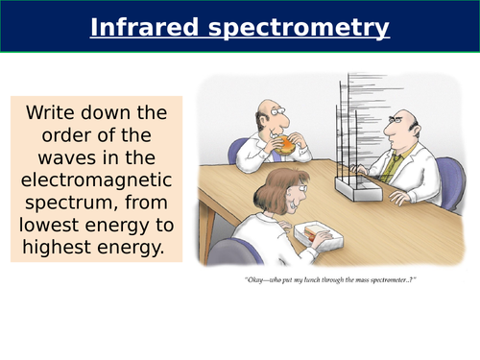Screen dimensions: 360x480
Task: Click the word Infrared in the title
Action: click(x=140, y=28)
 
